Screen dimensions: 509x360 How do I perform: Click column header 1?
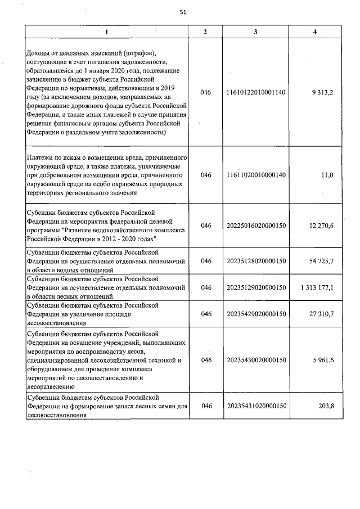point(107,32)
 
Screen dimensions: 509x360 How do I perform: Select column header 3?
point(256,32)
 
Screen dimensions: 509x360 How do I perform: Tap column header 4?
point(314,32)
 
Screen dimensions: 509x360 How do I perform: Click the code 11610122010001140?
point(256,92)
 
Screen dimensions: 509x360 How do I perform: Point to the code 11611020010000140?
point(256,175)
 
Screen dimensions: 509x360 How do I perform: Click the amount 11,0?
point(327,175)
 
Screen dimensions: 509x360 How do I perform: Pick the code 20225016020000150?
point(256,226)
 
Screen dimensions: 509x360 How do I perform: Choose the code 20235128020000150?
point(256,262)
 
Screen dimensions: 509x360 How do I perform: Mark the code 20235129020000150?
point(256,287)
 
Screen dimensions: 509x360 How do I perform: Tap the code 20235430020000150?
point(256,360)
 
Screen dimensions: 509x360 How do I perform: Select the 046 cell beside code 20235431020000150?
point(205,406)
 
